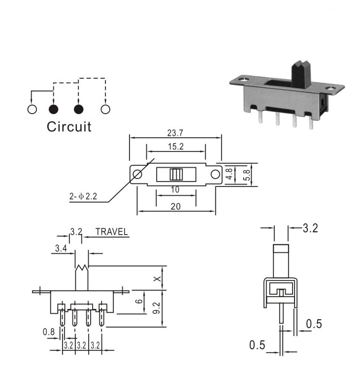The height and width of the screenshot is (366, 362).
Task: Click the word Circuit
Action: click(69, 127)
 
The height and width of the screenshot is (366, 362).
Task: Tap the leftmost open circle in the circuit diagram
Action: click(32, 109)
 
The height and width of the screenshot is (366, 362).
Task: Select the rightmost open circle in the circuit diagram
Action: click(105, 109)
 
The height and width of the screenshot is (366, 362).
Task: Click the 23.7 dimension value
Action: click(175, 133)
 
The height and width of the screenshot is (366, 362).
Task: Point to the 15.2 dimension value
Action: click(176, 147)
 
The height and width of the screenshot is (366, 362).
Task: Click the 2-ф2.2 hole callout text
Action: click(83, 196)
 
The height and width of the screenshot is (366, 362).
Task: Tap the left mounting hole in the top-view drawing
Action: click(137, 174)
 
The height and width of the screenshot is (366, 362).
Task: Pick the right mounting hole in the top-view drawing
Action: click(215, 174)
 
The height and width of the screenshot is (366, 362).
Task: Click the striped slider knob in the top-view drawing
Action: click(176, 174)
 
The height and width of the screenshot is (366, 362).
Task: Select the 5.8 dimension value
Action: click(247, 175)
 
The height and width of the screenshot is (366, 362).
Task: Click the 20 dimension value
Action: click(175, 207)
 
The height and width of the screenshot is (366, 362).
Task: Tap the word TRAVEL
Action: click(112, 232)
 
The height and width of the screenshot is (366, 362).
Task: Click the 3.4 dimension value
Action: click(61, 248)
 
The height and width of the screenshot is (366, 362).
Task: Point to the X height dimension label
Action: click(158, 279)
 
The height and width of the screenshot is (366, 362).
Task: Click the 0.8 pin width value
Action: click(49, 332)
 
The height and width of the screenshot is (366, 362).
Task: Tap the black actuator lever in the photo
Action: click(301, 74)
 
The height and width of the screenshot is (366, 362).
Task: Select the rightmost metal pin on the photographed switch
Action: click(311, 122)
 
